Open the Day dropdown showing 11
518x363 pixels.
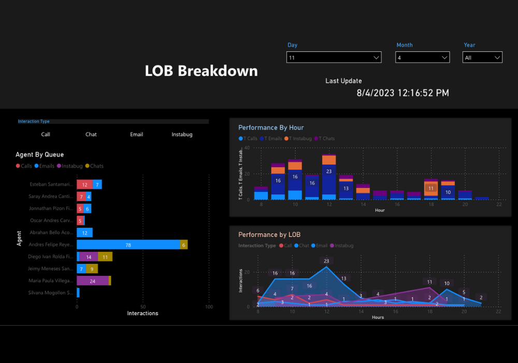pos(334,58)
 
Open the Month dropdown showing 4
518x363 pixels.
pos(422,58)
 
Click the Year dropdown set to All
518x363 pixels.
pos(482,58)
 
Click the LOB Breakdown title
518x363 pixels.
pos(201,71)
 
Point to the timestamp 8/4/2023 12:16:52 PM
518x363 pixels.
pos(402,93)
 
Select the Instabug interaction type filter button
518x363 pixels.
pos(182,134)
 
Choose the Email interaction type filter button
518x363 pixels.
pos(136,134)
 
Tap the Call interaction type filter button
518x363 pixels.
pos(46,134)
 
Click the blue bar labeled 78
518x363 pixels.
pos(128,245)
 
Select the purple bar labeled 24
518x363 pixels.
pos(93,281)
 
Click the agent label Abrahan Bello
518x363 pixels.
pos(51,233)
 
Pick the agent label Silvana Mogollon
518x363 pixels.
pos(51,293)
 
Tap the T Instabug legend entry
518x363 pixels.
pos(300,138)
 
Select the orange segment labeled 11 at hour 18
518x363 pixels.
pos(430,188)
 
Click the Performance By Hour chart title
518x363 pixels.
pos(271,128)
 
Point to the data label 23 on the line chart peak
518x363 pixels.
pos(326,261)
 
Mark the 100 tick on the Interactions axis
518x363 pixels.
pos(209,307)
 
